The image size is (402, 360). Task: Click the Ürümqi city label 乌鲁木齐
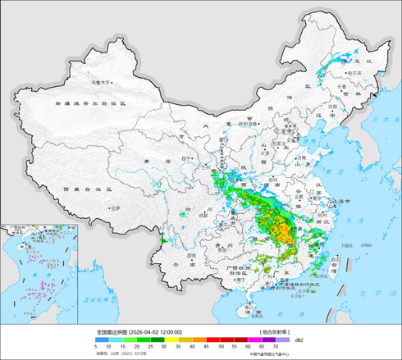98,81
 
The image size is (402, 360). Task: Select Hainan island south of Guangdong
249,308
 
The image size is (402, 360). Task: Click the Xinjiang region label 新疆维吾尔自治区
90,104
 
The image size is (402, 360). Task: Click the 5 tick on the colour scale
97,348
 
